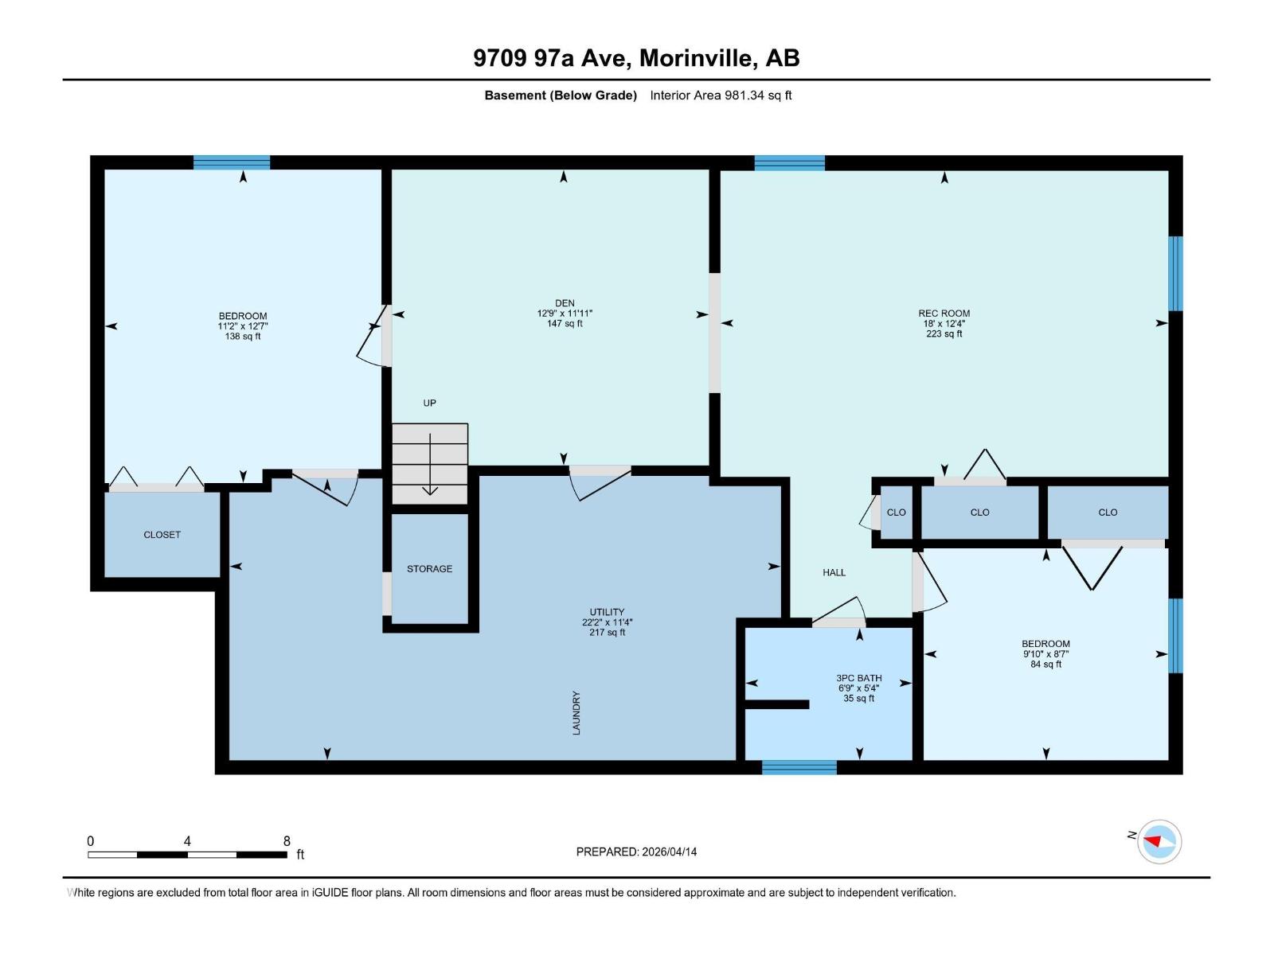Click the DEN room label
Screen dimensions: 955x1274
[565, 303]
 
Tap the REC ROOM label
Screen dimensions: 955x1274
[944, 314]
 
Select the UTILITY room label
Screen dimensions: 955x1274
[607, 613]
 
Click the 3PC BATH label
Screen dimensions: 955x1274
[858, 678]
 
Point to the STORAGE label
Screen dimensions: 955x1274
[429, 569]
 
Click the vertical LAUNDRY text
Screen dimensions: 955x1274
[576, 712]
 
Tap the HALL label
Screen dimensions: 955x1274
[834, 572]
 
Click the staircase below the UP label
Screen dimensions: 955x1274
[430, 463]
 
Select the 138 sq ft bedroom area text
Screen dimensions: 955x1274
[243, 337]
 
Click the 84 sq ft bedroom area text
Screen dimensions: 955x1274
[1045, 665]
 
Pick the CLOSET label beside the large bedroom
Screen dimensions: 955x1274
[162, 535]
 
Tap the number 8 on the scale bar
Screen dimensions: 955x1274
[287, 841]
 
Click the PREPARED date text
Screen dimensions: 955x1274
[636, 852]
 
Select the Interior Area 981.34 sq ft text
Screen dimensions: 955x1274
[721, 95]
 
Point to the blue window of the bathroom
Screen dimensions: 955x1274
[799, 767]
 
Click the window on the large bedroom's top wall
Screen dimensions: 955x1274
[232, 162]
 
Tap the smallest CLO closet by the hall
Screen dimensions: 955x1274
[896, 513]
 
